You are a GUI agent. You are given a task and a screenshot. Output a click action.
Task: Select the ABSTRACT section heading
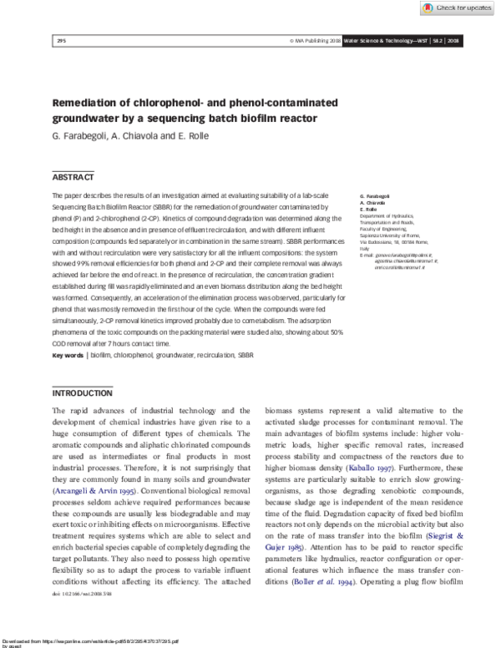click(x=73, y=177)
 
